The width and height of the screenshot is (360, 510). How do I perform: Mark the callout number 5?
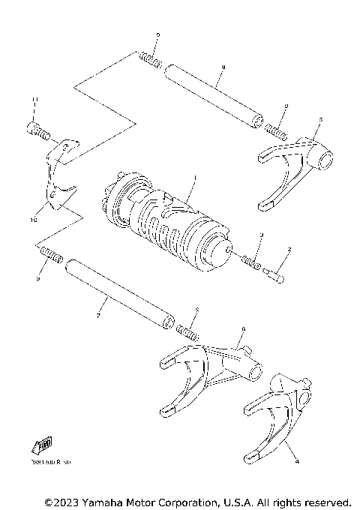click(320, 119)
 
